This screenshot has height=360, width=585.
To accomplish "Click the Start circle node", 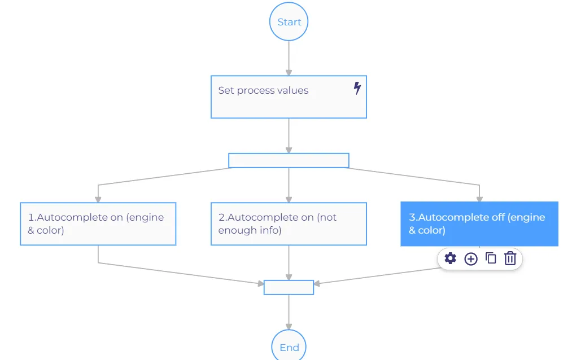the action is (289, 21).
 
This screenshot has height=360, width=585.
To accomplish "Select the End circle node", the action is (289, 345).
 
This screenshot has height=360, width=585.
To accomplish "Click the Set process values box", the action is (289, 97).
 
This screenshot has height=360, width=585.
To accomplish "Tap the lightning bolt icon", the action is (357, 88).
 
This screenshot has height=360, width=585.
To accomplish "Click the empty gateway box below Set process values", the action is (289, 160).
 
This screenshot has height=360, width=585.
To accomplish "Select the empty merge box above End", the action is (289, 287).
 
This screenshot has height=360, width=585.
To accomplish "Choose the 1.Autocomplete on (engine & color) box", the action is (98, 223).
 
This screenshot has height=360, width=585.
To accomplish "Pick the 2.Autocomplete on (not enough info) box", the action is (289, 223).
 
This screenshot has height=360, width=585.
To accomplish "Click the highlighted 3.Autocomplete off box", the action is (479, 223).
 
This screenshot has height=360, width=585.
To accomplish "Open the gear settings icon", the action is (450, 258).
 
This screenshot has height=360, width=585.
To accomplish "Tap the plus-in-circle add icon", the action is (471, 258).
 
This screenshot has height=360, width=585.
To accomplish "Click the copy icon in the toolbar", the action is (491, 258).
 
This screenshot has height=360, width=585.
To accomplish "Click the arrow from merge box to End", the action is (289, 312).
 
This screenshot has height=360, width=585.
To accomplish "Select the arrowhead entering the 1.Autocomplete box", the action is (98, 199).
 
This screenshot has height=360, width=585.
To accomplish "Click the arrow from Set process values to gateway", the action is (289, 135).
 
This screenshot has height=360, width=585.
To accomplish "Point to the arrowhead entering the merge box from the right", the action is (317, 284).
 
